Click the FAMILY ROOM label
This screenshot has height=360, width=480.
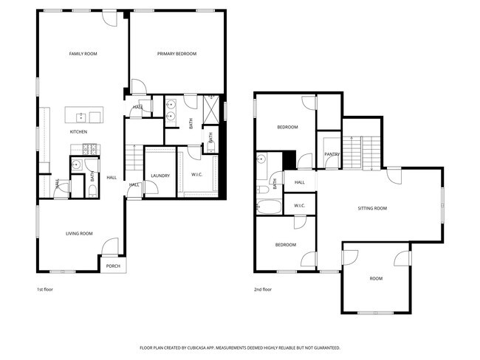83,54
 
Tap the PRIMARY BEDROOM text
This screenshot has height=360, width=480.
176,54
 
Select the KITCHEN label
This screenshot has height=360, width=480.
78,132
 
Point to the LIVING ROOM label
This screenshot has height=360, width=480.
79,234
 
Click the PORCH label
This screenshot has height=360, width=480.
113,266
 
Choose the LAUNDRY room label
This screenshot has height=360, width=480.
160,176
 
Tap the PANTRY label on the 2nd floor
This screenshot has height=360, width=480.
331,154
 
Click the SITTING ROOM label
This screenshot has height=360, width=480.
372,209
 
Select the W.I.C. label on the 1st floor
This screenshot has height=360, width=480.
197,176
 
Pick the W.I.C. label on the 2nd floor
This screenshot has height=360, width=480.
299,205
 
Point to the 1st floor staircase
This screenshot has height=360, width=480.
133,156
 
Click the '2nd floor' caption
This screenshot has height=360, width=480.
263,290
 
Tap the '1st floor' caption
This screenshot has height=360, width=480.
44,290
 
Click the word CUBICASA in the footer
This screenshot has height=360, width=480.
212,347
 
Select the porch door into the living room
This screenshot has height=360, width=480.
110,246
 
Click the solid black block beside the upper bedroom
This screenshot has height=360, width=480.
289,159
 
